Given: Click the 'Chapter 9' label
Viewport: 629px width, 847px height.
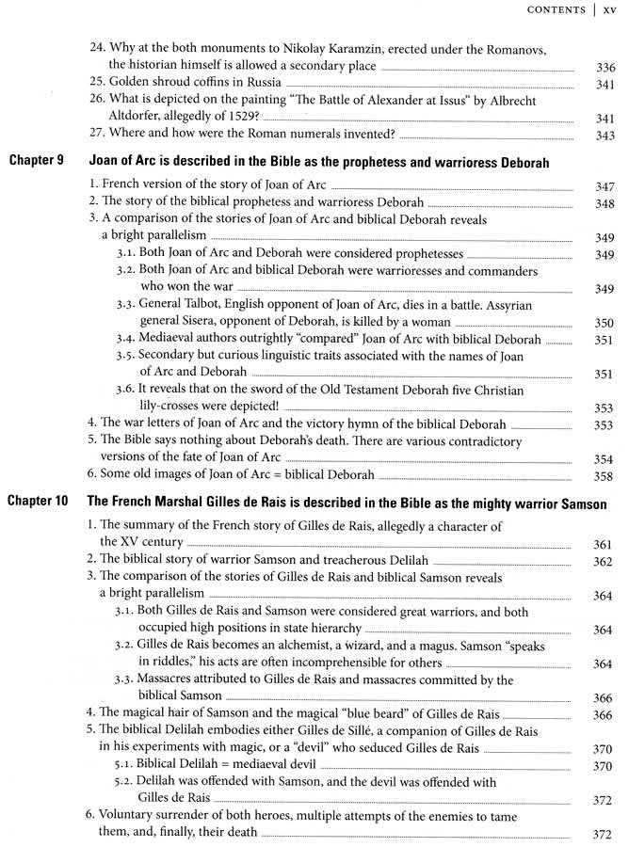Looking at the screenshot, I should pos(36,163).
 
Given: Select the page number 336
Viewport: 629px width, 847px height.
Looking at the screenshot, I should pos(605,67).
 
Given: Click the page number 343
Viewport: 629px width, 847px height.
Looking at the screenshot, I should pos(605,136).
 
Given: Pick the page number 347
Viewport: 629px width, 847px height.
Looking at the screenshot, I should pos(605,187).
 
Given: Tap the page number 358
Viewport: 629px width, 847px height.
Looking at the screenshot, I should pos(605,476).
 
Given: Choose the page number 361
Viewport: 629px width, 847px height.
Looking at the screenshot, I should pos(605,544).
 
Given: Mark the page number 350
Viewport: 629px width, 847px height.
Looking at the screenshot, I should pos(605,323).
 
